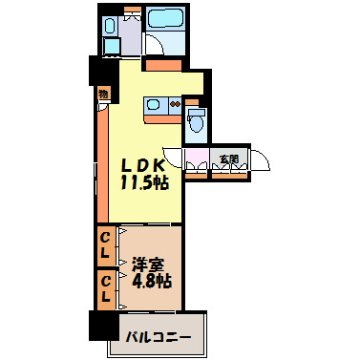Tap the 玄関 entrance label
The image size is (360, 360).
(228, 159)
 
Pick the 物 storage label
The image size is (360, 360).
(102, 95)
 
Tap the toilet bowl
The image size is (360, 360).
(196, 118)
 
